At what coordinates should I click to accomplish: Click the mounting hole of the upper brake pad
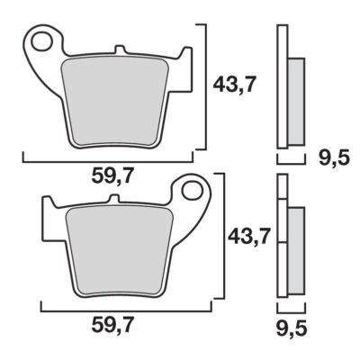pos(41,42)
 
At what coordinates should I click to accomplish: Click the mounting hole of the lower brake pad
pos(193,192)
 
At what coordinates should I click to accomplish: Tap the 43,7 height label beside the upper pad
pos(235,85)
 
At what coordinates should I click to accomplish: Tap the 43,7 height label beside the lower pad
pos(249,236)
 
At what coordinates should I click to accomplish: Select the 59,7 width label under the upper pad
pos(112,176)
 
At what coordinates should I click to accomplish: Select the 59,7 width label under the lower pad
pos(112,326)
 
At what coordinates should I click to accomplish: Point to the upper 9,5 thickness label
pos(334,158)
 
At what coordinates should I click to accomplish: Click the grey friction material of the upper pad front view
pos(115,101)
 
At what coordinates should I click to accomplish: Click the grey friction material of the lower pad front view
pos(120,251)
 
